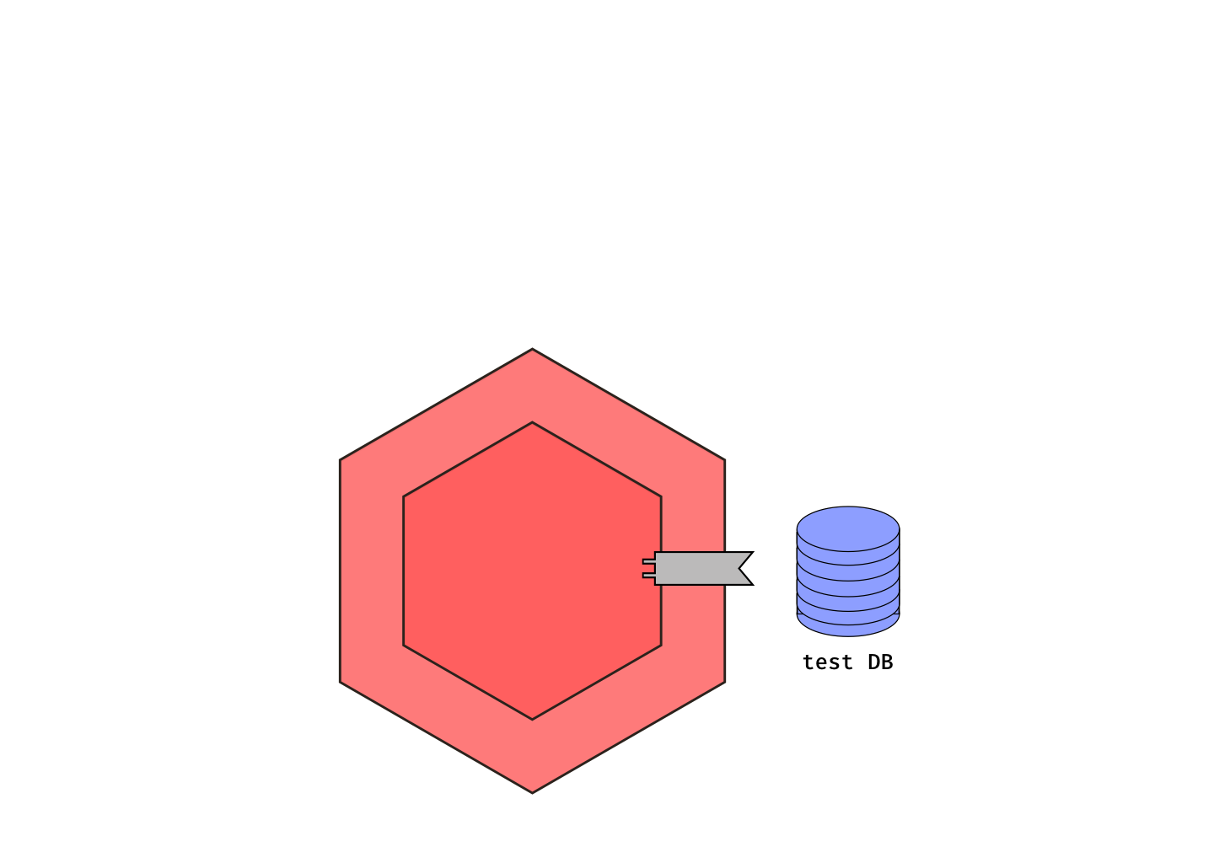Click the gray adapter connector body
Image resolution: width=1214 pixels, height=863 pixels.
(x=696, y=568)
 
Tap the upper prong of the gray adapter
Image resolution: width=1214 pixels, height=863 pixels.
(x=648, y=561)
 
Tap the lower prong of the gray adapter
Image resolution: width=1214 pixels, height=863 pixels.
(x=648, y=576)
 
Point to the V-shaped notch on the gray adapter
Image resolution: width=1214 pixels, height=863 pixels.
(x=742, y=568)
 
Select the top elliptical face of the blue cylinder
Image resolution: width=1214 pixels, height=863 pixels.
(x=848, y=528)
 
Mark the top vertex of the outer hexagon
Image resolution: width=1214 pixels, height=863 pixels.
(x=532, y=350)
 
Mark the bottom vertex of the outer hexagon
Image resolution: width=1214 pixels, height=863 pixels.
(x=532, y=792)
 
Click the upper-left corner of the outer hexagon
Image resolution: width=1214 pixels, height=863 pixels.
(x=341, y=460)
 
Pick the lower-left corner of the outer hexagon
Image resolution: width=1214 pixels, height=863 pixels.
(x=341, y=683)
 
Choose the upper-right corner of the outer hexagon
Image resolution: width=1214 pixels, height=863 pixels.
(x=724, y=460)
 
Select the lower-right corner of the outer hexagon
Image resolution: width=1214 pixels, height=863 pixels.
(x=724, y=683)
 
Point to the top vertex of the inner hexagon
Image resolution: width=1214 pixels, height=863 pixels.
(x=532, y=423)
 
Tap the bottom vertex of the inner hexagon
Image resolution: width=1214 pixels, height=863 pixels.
(x=532, y=719)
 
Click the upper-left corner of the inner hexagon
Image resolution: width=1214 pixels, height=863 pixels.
(x=404, y=496)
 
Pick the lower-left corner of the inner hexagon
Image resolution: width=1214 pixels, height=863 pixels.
(x=404, y=646)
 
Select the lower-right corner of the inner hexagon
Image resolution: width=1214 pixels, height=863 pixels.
(x=661, y=646)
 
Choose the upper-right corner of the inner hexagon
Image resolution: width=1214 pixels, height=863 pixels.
(x=661, y=496)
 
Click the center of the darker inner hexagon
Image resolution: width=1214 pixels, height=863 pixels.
(x=532, y=571)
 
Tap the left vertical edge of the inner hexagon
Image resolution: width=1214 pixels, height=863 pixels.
(x=404, y=571)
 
